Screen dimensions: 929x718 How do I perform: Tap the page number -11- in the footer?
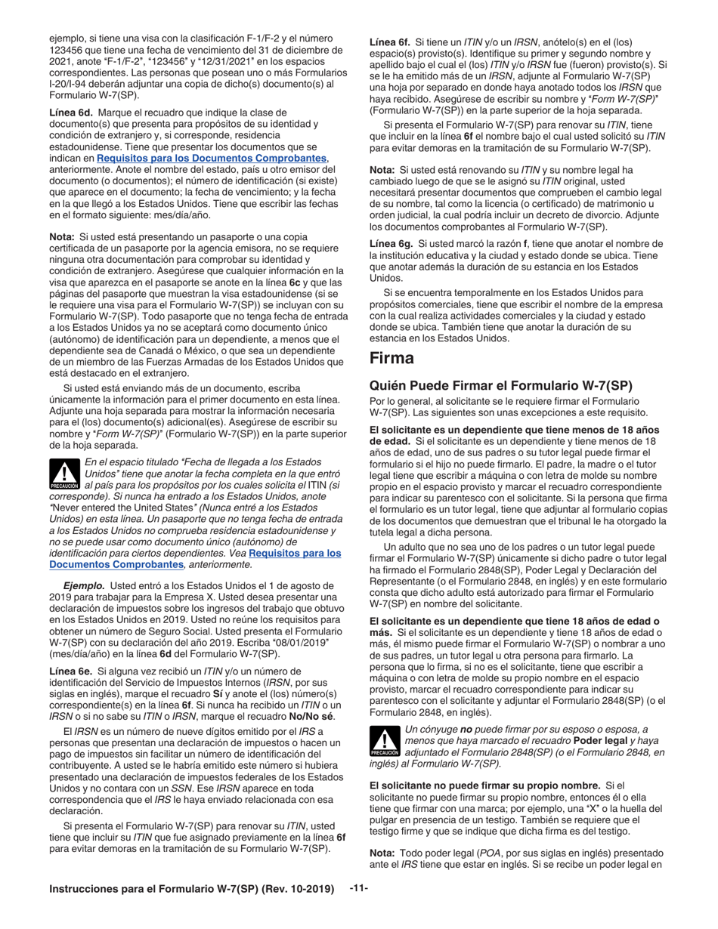point(358,888)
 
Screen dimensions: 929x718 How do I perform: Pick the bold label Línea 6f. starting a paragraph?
point(390,42)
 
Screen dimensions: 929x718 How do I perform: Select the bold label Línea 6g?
point(390,243)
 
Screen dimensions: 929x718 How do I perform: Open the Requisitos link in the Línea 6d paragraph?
point(212,158)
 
